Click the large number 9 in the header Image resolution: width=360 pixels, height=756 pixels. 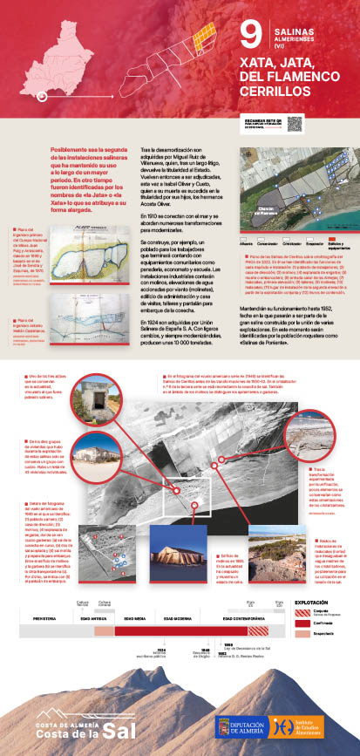pyautogui.click(x=250, y=36)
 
